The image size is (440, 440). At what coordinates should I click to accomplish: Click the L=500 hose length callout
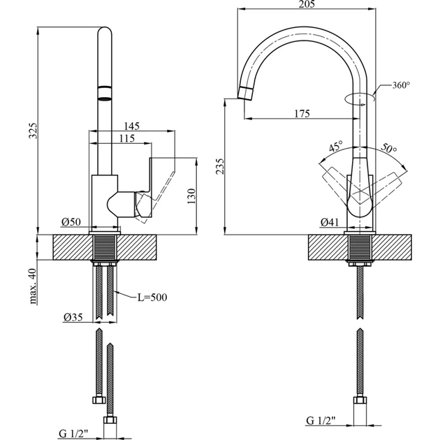pos(152,298)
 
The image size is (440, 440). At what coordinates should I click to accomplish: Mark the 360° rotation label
pos(401,85)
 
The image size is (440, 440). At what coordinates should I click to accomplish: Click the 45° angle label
pos(336,147)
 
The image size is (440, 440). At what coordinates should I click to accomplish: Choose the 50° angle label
pos(389,149)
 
